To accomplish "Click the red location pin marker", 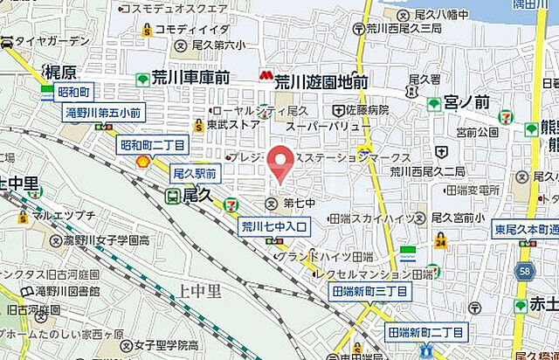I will coord(279,163).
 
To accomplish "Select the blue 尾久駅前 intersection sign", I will coord(194,175).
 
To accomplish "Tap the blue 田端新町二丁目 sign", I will coord(425,332).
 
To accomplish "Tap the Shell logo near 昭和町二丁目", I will coord(142,162).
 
